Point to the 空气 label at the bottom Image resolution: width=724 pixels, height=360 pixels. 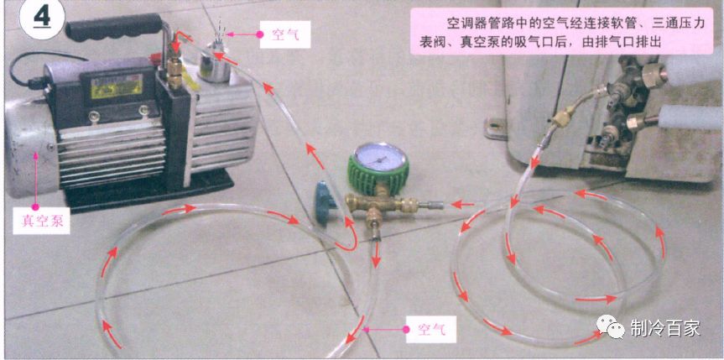429,329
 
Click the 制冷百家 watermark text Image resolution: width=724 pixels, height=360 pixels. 664,328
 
